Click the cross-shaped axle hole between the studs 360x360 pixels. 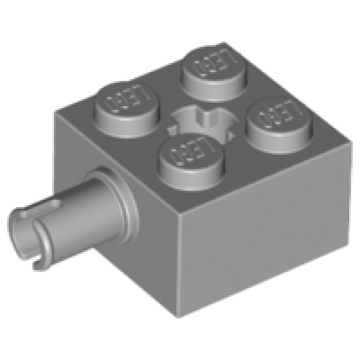click(202, 121)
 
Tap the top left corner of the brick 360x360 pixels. click(56, 112)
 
